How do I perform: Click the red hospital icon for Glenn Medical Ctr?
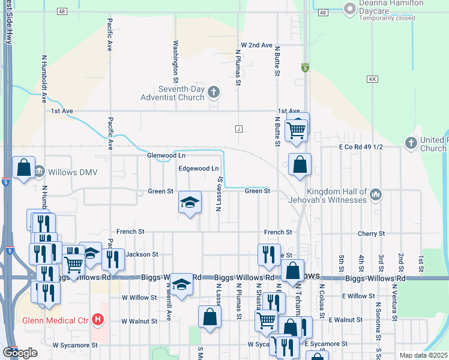pyautogui.click(x=98, y=320)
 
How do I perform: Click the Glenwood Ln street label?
pyautogui.click(x=166, y=155)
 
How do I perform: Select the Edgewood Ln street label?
pyautogui.click(x=198, y=169)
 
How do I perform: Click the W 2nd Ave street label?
pyautogui.click(x=257, y=45)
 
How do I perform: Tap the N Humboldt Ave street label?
pyautogui.click(x=44, y=79)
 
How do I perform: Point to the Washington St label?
pyautogui.click(x=176, y=61)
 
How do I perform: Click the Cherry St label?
pyautogui.click(x=373, y=233)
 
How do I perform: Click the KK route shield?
pyautogui.click(x=372, y=79)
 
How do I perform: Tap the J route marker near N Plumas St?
pyautogui.click(x=239, y=128)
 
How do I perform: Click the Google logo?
pyautogui.click(x=20, y=353)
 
